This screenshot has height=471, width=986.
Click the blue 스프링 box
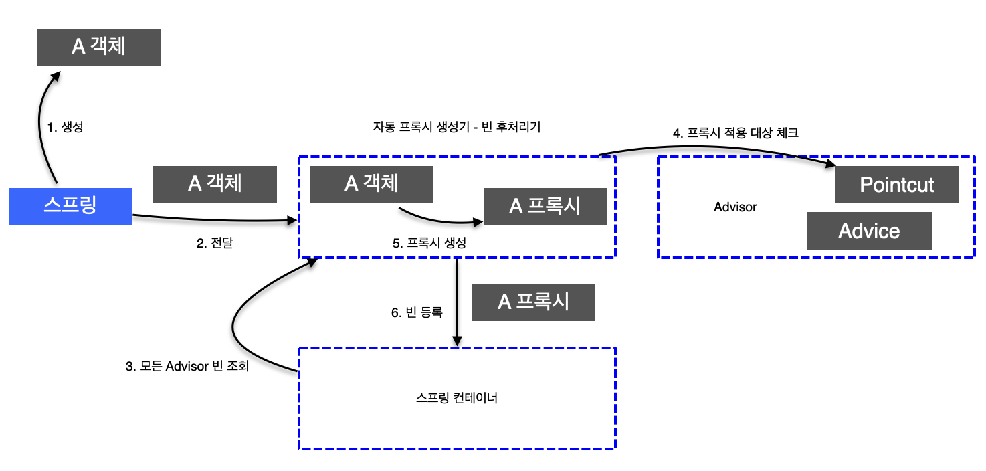pyautogui.click(x=70, y=206)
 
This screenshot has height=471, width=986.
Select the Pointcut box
pyautogui.click(x=896, y=184)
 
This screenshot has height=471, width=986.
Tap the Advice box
pyautogui.click(x=869, y=231)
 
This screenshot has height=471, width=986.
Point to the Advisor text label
pyautogui.click(x=735, y=207)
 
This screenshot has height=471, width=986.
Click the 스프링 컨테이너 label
pyautogui.click(x=457, y=398)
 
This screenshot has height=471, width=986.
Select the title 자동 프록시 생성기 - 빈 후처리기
pyautogui.click(x=457, y=127)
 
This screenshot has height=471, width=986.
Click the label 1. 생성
pyautogui.click(x=65, y=127)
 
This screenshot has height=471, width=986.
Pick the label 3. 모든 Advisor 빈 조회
pyautogui.click(x=187, y=367)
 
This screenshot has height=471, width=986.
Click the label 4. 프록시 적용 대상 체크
pyautogui.click(x=735, y=133)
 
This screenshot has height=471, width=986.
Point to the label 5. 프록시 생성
pyautogui.click(x=429, y=244)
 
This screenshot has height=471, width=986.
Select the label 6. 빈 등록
pyautogui.click(x=417, y=312)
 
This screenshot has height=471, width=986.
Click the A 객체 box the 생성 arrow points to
pyautogui.click(x=98, y=47)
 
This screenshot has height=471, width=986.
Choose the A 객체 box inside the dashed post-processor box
pyautogui.click(x=371, y=183)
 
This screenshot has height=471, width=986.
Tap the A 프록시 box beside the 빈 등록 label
pyautogui.click(x=533, y=302)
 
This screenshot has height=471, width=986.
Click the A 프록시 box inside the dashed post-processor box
pyautogui.click(x=545, y=206)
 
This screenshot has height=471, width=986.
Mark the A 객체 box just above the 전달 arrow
pyautogui.click(x=215, y=183)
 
